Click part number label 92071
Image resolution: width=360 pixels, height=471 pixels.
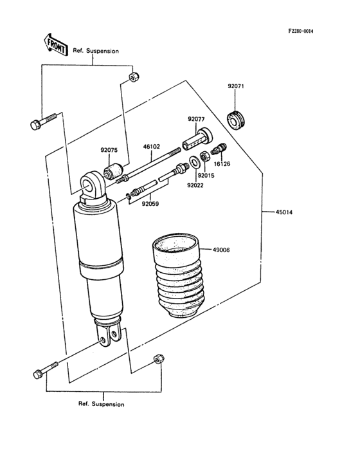(x=236, y=86)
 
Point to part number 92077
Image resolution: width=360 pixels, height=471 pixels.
(x=196, y=119)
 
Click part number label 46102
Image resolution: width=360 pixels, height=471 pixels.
(x=152, y=147)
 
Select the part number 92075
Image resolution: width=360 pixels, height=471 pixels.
(x=109, y=150)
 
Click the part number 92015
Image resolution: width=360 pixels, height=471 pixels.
(x=206, y=176)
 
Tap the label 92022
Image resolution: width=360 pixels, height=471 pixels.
(x=195, y=185)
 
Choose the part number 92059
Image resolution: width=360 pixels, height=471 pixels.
(x=150, y=204)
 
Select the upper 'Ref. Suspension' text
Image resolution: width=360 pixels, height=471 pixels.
(x=96, y=51)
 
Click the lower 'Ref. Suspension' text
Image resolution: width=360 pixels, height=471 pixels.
(x=102, y=404)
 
